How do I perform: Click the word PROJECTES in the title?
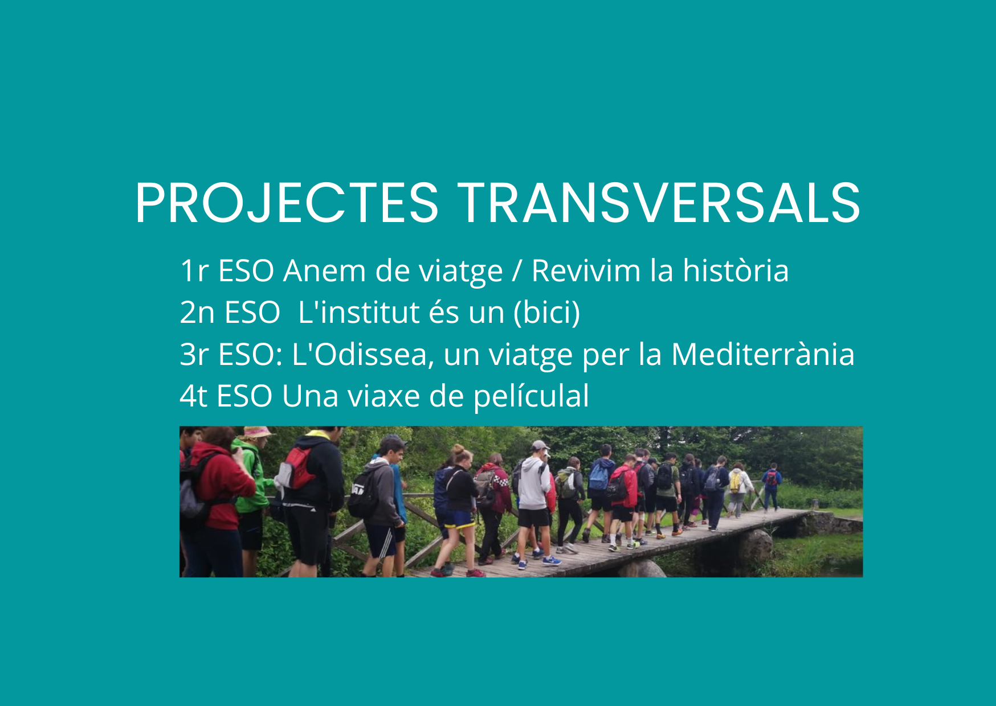pyautogui.click(x=287, y=203)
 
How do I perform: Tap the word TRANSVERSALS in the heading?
pyautogui.click(x=659, y=203)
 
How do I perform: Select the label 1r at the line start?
pyautogui.click(x=194, y=271)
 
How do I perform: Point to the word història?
pyautogui.click(x=736, y=270)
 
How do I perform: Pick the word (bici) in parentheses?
pyautogui.click(x=546, y=313)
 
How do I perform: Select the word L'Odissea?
pyautogui.click(x=363, y=354)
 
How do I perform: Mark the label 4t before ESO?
pyautogui.click(x=194, y=396)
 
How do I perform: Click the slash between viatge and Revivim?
pyautogui.click(x=517, y=271)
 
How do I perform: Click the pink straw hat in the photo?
pyautogui.click(x=256, y=433)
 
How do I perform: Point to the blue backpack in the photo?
pyautogui.click(x=598, y=477)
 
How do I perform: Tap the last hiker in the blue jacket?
pyautogui.click(x=772, y=487)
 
